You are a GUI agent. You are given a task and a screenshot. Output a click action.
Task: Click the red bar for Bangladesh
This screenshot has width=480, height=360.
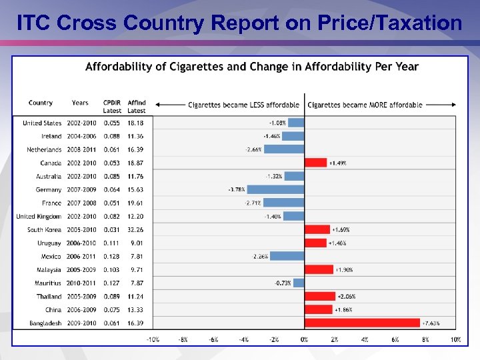pyautogui.click(x=363, y=323)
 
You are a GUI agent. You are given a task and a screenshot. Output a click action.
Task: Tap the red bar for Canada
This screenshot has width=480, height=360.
pyautogui.click(x=316, y=163)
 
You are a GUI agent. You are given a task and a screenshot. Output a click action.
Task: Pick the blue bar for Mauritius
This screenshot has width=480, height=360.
pyautogui.click(x=299, y=283)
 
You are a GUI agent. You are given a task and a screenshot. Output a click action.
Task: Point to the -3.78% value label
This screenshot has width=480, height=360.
pyautogui.click(x=236, y=190)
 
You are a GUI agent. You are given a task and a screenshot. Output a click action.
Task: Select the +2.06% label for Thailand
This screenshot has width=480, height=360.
pyautogui.click(x=347, y=297)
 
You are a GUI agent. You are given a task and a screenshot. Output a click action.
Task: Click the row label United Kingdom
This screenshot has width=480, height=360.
pyautogui.click(x=39, y=217)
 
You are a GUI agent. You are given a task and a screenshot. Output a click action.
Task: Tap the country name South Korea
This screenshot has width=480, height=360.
pyautogui.click(x=44, y=230)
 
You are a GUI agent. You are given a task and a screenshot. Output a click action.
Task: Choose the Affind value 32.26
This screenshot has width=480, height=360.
pyautogui.click(x=135, y=230)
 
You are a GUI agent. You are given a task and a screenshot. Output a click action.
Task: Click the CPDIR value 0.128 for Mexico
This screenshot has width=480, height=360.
pyautogui.click(x=112, y=257)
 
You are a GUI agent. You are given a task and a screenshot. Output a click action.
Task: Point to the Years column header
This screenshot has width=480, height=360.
pyautogui.click(x=80, y=103)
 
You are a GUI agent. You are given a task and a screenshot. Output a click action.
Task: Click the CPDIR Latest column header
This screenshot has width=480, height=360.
pyautogui.click(x=112, y=107)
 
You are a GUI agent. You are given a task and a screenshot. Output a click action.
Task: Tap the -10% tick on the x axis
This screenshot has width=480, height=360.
pyautogui.click(x=153, y=339)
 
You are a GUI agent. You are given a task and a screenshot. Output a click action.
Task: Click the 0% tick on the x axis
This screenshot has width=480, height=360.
pyautogui.click(x=304, y=339)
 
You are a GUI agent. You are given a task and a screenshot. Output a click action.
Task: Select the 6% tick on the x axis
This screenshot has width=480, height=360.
pyautogui.click(x=395, y=339)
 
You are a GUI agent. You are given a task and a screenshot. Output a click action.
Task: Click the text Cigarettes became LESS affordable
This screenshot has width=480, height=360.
pyautogui.click(x=243, y=105)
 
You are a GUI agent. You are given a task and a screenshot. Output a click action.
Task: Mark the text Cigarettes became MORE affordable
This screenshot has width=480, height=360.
pyautogui.click(x=365, y=105)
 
